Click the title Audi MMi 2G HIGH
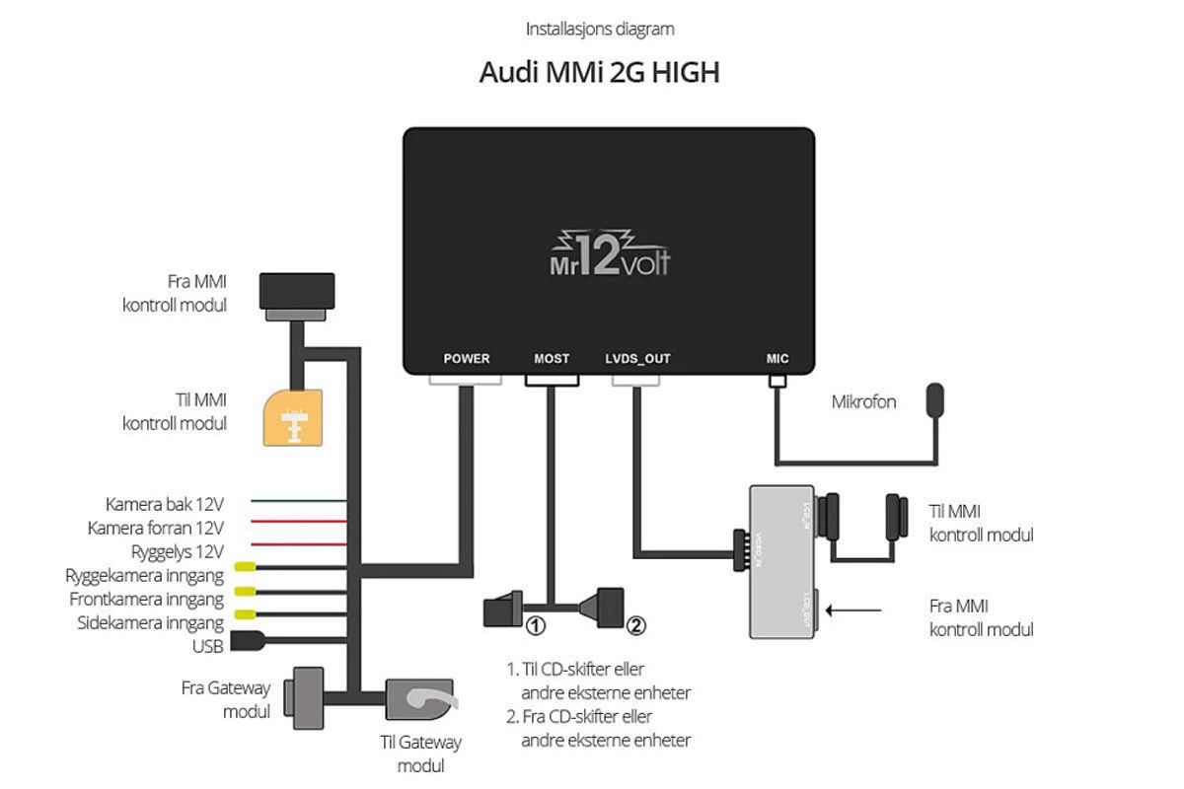[x=599, y=73]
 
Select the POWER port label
[x=466, y=359]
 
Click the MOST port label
[x=552, y=359]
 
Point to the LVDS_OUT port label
[x=637, y=359]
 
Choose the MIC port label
[x=777, y=359]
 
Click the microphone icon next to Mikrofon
[x=934, y=401]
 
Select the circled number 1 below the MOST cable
[x=536, y=624]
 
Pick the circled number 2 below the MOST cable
[x=636, y=624]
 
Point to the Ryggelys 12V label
[x=178, y=550]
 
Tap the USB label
[x=208, y=646]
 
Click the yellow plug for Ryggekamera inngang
[x=243, y=569]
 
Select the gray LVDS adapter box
[x=781, y=560]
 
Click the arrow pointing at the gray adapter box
[x=854, y=610]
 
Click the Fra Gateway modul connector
[x=303, y=696]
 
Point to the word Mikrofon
[x=863, y=402]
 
